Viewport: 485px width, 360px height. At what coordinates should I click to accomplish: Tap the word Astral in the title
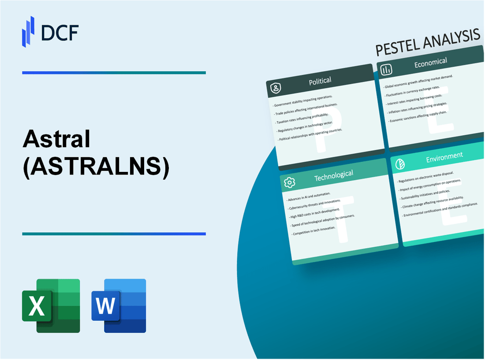[x=56, y=140]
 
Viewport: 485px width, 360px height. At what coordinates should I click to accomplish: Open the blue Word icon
[x=119, y=305]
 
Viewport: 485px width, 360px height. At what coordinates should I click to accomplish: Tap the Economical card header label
[x=430, y=63]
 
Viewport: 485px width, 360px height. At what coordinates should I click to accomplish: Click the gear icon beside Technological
[x=290, y=182]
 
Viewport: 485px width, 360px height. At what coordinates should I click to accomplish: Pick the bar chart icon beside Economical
[x=386, y=70]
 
